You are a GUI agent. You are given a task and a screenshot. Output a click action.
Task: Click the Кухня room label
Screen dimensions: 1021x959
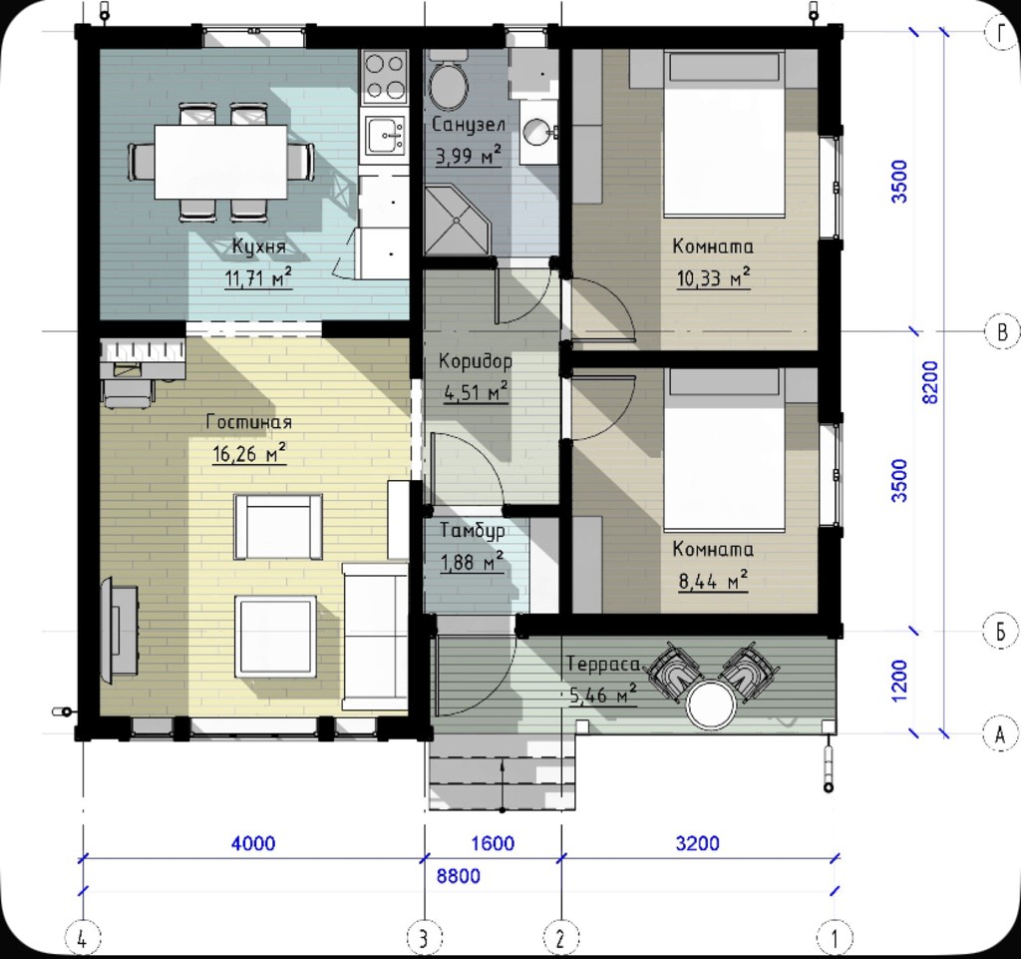258,246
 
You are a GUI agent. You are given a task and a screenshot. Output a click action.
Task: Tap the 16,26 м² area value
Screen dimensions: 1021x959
249,453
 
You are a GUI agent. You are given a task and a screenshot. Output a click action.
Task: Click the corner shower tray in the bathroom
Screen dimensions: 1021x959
457,221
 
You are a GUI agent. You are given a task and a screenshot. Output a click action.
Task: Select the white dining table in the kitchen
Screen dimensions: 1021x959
220,162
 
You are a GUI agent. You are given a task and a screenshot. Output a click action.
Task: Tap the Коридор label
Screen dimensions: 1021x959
475,361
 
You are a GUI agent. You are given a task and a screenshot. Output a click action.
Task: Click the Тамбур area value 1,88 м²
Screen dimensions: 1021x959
472,562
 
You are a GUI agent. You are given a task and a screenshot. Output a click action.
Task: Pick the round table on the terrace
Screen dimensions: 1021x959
712,706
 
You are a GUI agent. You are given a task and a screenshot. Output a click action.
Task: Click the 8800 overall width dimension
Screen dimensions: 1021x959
459,876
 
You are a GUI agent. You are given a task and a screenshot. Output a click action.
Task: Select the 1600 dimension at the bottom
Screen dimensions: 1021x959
493,843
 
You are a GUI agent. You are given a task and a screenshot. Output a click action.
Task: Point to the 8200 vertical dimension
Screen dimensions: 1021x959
931,382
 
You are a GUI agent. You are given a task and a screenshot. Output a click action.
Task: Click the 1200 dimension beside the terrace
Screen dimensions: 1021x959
898,681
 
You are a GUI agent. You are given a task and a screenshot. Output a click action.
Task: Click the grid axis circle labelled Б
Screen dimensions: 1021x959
1001,631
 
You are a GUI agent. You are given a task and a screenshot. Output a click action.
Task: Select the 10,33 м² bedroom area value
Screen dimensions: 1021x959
713,278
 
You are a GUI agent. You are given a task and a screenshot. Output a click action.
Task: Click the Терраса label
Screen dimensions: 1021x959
603,665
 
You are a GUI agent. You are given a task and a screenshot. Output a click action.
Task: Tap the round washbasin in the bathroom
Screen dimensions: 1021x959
538,133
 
